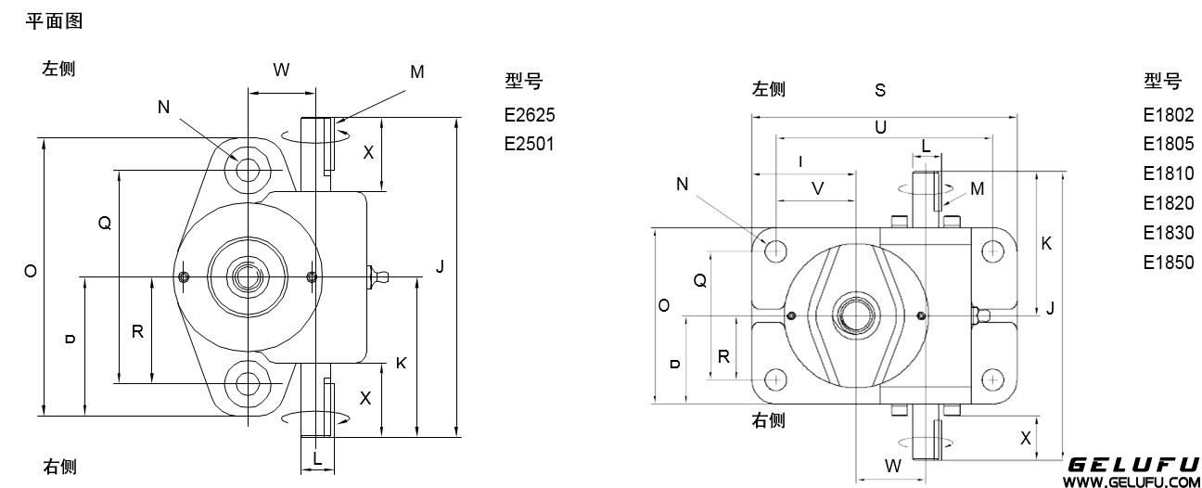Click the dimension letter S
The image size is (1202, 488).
pos(880,90)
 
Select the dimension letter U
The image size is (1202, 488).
pos(880,127)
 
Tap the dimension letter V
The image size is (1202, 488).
pos(817,187)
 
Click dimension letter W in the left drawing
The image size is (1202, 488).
pos(281,70)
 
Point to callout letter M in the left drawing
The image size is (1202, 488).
pos(417,71)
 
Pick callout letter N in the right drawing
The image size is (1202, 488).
pos(683,184)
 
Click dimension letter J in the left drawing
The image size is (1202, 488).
pos(441,267)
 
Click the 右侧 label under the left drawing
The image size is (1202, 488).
pos(60,466)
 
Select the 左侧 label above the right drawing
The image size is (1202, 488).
pos(769,89)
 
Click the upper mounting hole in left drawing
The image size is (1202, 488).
pos(248,170)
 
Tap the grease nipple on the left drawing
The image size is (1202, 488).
pos(379,276)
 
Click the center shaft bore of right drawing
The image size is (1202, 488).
pos(853,315)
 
